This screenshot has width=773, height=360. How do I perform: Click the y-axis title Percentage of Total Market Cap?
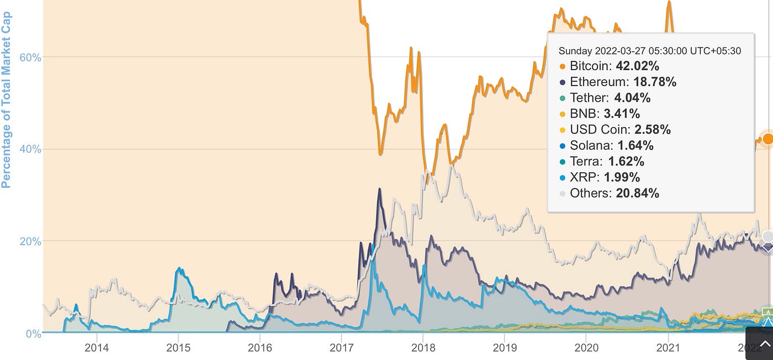tap(7, 99)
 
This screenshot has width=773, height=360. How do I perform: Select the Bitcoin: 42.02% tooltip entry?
tap(614, 66)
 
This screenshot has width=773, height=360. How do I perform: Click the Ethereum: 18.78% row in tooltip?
tap(623, 82)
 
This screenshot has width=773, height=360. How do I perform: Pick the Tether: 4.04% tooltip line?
tap(610, 98)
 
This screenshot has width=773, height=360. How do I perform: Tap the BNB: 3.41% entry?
tap(605, 114)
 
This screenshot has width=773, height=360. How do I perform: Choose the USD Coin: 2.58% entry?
tap(620, 130)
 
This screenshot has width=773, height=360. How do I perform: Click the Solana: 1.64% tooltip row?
tap(611, 146)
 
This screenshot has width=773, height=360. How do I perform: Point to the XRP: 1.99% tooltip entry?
tap(605, 178)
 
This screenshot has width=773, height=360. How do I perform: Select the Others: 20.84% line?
tap(614, 193)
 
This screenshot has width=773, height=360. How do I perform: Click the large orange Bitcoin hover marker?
tap(767, 139)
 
